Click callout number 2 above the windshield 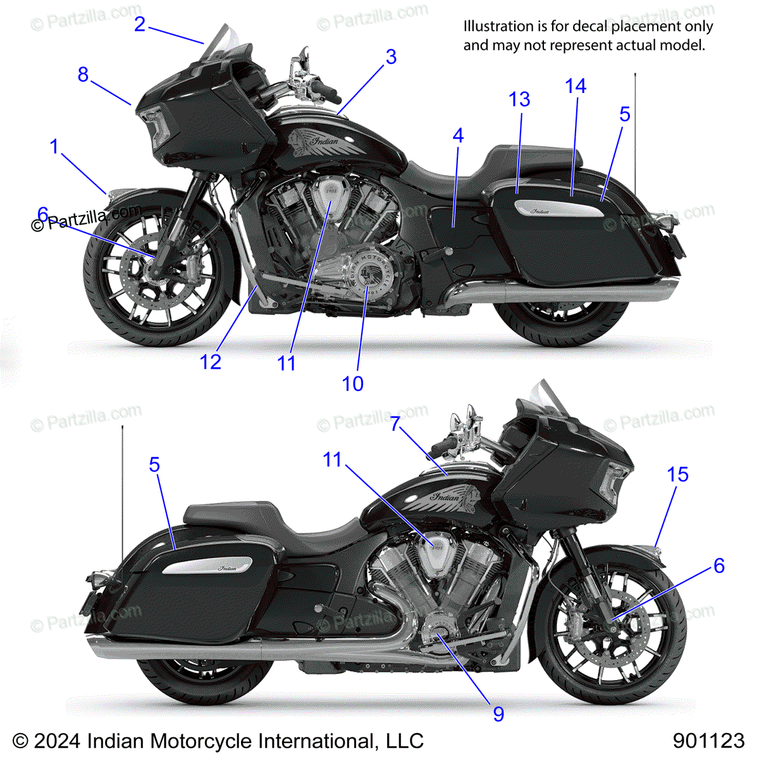pos(140,25)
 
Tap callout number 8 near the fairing pos(83,75)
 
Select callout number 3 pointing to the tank pos(391,57)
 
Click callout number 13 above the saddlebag pos(519,99)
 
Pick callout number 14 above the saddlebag pos(576,86)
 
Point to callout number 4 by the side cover pos(458,135)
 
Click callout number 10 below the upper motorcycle pos(353,383)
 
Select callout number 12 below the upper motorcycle pos(211,362)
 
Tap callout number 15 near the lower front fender pos(677,474)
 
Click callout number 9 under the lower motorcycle pos(498,714)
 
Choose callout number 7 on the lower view pos(395,423)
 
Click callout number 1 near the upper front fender pos(54,147)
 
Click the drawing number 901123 pos(708,741)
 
